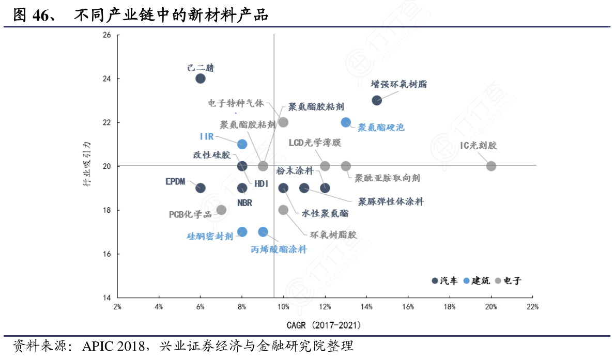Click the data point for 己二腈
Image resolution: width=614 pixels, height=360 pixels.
(201, 79)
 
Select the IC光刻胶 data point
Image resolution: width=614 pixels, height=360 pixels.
(491, 166)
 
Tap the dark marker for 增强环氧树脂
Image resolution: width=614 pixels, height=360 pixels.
(377, 100)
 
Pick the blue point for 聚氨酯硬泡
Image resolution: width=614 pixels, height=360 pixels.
(346, 122)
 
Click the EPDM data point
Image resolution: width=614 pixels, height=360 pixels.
(201, 188)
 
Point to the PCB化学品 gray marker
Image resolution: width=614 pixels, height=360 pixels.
(221, 210)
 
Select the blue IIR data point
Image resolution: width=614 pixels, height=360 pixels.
(242, 144)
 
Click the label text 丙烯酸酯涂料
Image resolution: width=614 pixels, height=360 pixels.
(279, 249)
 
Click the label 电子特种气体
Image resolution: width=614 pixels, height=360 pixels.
(236, 103)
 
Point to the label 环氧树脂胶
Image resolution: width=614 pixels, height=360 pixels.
(333, 235)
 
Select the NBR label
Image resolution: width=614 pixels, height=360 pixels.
(245, 203)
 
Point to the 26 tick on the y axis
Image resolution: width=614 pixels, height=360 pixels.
(107, 35)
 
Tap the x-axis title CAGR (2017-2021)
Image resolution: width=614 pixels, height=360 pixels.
(324, 325)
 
